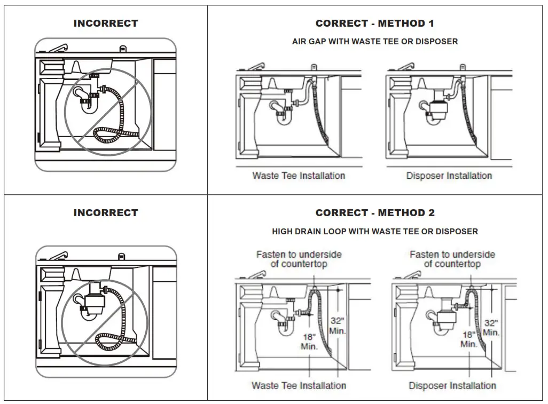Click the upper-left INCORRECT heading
(x=106, y=23)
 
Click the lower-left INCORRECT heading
(x=106, y=213)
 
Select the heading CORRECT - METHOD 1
(x=375, y=23)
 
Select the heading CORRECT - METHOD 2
(x=375, y=213)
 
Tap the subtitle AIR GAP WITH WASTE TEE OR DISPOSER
(x=375, y=42)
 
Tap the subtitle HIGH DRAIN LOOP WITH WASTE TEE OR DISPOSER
(x=375, y=232)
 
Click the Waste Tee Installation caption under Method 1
(x=299, y=176)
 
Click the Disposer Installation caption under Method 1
(x=449, y=176)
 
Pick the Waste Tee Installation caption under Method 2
(x=299, y=385)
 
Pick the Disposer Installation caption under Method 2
(x=452, y=385)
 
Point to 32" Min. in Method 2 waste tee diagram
(x=337, y=326)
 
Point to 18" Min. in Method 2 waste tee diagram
(x=309, y=342)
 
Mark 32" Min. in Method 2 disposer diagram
(x=491, y=327)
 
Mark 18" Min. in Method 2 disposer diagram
(x=468, y=339)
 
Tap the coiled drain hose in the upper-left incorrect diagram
(x=115, y=134)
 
